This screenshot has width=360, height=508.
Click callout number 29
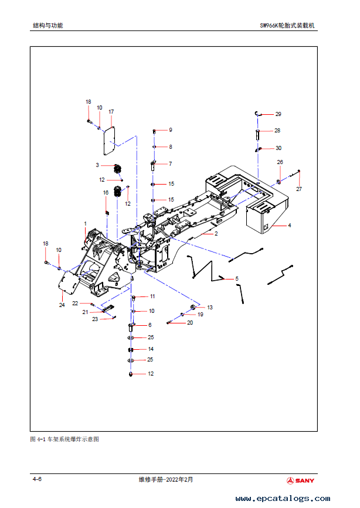click(x=279, y=114)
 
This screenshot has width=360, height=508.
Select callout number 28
click(x=277, y=131)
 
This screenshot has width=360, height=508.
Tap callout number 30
click(x=279, y=148)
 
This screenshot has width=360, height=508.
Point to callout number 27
click(x=298, y=189)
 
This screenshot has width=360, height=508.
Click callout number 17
click(x=111, y=112)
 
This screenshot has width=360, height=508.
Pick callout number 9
click(x=171, y=130)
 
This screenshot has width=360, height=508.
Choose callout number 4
click(x=290, y=225)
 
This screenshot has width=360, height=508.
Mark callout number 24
click(x=62, y=305)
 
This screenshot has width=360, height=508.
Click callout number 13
click(x=210, y=307)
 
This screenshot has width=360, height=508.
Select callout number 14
click(x=151, y=349)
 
